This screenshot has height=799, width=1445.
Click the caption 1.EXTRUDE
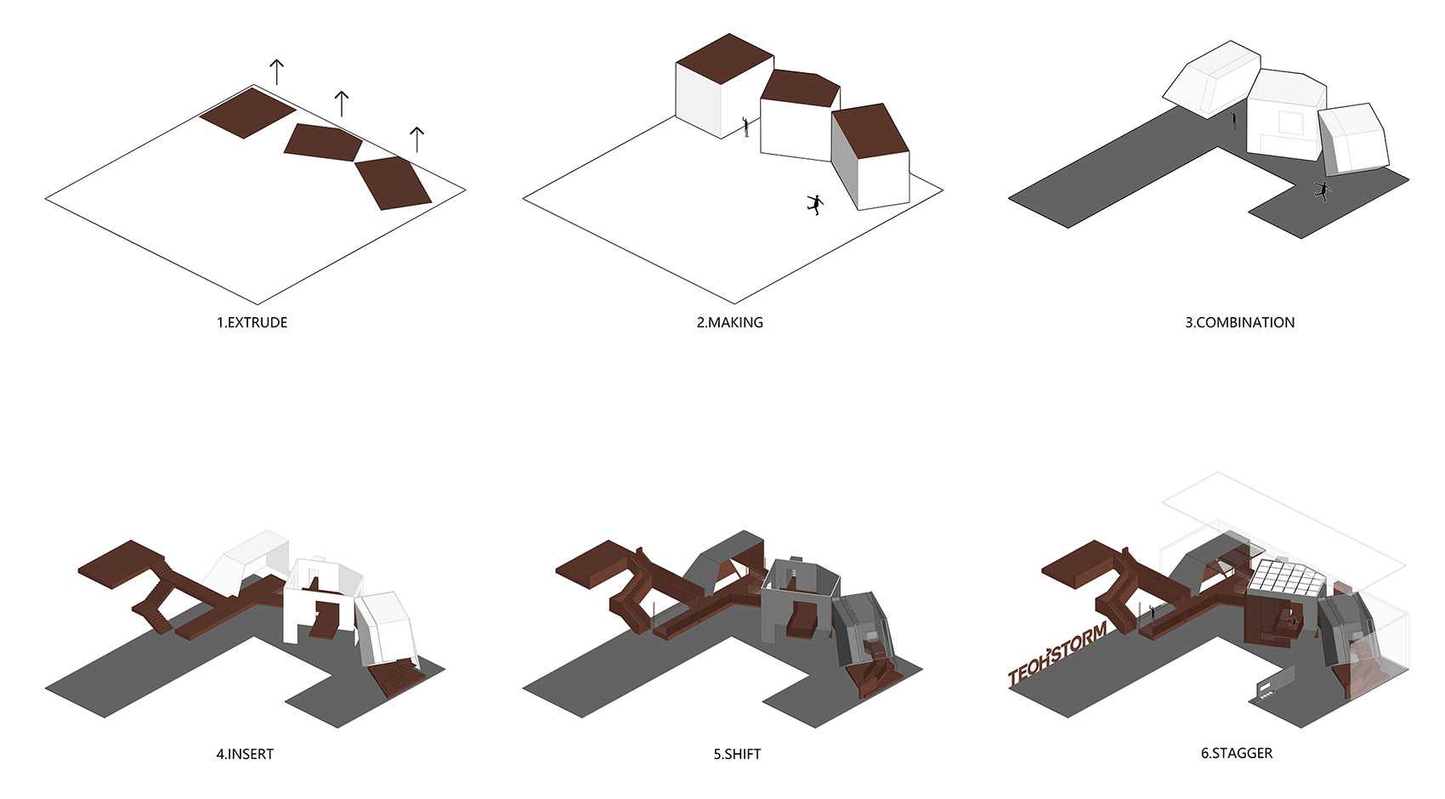coord(252,322)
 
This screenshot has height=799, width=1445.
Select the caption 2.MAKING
coord(729,322)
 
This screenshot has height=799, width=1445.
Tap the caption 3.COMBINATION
coord(1240,322)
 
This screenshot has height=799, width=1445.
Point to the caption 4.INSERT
coord(245,754)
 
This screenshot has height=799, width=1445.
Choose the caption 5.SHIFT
coord(737,754)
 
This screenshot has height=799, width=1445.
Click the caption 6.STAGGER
coord(1237,753)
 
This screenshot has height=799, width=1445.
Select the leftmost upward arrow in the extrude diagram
coord(277,72)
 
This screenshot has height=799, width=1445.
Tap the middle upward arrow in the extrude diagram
coord(341,104)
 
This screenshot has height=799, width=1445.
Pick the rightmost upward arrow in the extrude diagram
coord(416,140)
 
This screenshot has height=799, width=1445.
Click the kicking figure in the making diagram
coord(815,205)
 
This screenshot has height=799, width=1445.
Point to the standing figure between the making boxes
coord(745,127)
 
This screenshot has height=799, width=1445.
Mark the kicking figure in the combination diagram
coord(1323,191)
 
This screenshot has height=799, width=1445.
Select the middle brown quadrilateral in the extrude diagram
coord(323,143)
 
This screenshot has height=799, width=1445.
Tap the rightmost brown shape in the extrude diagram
coord(393,183)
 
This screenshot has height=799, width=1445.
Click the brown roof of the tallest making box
coord(725,59)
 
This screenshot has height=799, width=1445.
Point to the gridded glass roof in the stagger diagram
coord(1286,579)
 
